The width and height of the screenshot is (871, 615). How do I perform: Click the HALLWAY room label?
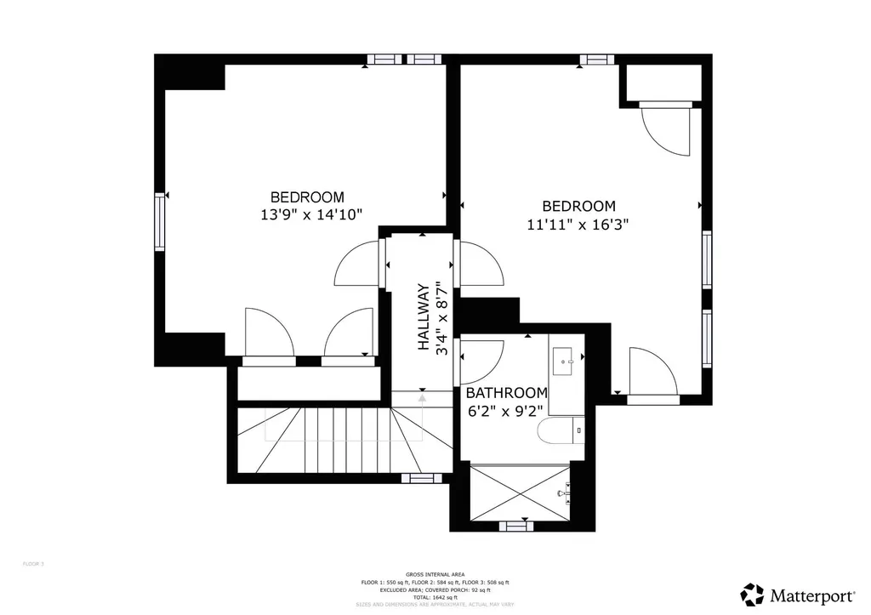[x=423, y=317]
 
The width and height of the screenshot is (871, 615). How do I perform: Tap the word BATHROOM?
[x=505, y=393]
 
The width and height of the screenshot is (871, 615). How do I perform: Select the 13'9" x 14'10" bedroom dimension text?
[x=311, y=215]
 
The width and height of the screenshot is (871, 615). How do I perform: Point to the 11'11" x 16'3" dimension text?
[x=578, y=225]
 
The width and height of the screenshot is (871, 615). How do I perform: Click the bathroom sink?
[x=565, y=365]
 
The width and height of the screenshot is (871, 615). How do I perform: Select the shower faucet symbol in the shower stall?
[x=562, y=492]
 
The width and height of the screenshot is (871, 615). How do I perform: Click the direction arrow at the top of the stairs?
[x=422, y=397]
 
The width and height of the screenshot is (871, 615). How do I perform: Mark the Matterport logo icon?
[x=753, y=594]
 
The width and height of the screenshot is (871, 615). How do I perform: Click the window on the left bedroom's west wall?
[x=159, y=222]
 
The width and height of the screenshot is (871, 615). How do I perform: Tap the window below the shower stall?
[x=515, y=526]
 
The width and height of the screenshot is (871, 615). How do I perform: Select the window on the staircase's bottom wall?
[x=417, y=478]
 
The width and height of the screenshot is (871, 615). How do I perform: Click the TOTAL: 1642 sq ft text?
[x=435, y=598]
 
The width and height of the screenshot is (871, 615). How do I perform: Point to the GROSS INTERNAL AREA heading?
[x=435, y=575]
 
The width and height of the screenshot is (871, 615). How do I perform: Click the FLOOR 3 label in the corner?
[x=32, y=563]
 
